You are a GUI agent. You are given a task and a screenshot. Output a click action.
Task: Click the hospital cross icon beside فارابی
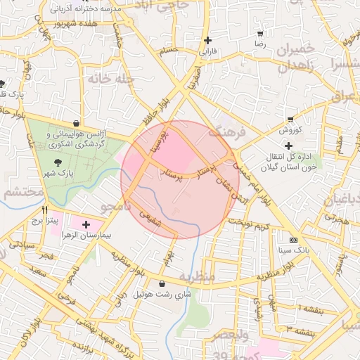point(207,41)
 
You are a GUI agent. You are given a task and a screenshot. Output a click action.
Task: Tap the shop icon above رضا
point(260,34)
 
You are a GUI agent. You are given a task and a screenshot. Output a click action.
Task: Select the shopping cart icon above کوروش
point(290,120)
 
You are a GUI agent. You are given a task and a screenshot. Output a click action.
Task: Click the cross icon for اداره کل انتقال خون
point(288,146)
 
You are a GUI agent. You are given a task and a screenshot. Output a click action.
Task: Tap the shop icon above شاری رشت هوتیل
point(162,284)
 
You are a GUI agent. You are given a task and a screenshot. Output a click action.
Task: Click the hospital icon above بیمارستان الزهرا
point(86,225)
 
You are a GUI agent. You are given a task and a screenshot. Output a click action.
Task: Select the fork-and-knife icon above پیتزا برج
point(45,210)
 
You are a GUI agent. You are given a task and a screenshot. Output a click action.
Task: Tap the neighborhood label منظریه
point(196,276)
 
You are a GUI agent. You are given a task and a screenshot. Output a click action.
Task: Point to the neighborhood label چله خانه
point(110,79)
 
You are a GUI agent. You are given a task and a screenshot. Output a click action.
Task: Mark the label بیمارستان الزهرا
point(89,236)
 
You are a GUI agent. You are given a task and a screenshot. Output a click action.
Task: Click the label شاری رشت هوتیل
point(163,295)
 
